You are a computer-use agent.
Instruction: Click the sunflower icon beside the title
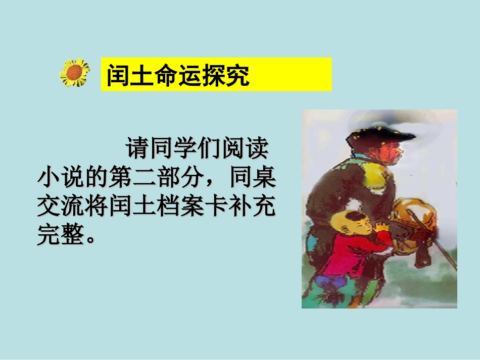[75, 73]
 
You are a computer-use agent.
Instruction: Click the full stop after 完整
[91, 238]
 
